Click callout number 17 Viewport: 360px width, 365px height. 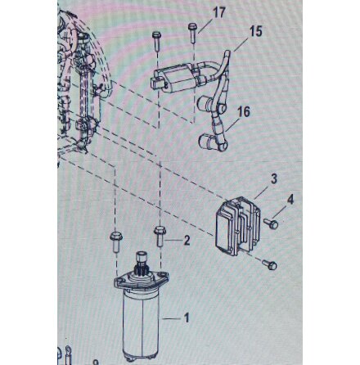point(218,12)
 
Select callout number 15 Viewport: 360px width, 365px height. point(255,33)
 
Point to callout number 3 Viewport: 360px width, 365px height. point(274,178)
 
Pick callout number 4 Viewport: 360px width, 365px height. point(290,199)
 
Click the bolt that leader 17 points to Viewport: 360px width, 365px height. point(191,30)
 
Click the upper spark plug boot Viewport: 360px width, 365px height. point(205,105)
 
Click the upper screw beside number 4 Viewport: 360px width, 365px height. point(272,223)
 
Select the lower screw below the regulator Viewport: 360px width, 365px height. point(271,264)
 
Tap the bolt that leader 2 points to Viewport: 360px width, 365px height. point(160,238)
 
